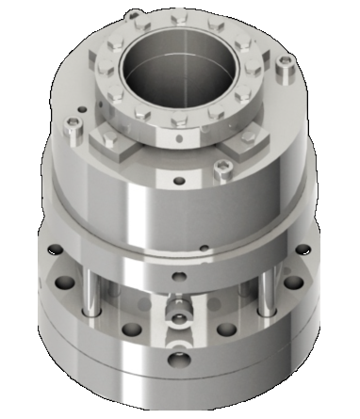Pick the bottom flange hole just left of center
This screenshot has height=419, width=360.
(131, 330)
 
